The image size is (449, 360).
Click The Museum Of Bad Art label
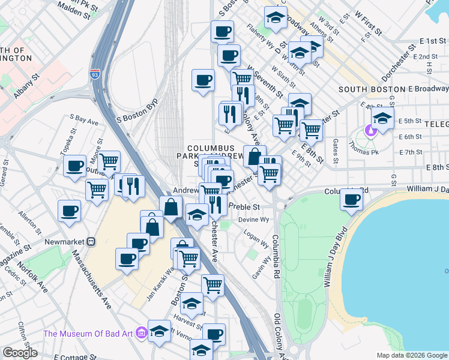pos(88,334)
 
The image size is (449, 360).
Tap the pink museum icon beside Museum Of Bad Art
pos(141,332)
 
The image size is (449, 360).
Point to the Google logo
pos(20,352)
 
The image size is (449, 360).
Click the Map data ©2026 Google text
pos(412,355)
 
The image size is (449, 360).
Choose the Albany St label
pos(27,86)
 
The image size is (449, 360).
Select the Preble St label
pos(244,207)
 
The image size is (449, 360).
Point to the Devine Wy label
pos(252,220)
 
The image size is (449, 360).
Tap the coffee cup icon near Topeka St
pos(75,166)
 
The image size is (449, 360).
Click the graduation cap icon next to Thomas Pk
pos(382,119)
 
